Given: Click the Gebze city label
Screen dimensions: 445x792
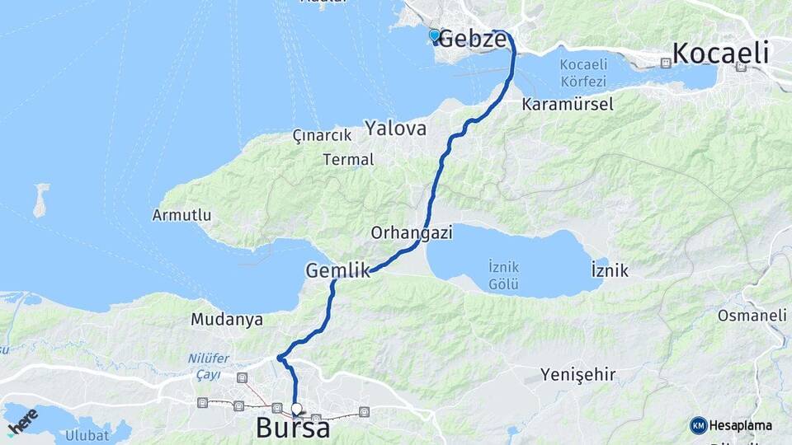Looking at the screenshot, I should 471,39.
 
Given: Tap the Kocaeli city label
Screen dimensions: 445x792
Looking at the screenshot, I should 721,54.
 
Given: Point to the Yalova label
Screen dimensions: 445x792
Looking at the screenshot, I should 396,129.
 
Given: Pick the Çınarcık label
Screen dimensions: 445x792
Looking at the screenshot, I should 322,135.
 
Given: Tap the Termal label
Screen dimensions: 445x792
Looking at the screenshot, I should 349,159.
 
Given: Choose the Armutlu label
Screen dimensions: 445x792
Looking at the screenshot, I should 182,216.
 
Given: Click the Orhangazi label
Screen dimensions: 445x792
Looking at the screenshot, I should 412,233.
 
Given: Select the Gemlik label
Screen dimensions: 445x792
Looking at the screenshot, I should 337,269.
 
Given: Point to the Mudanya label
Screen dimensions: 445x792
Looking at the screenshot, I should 226,319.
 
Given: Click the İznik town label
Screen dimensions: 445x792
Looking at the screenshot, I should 610,270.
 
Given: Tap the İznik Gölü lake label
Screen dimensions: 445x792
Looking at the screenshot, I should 503,276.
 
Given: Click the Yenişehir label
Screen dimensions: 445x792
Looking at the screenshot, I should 578,376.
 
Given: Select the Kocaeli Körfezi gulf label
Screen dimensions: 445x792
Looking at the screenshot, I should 582,73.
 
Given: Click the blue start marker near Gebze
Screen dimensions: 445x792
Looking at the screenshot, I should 434,35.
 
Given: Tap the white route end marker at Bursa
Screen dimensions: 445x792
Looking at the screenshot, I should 297,408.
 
